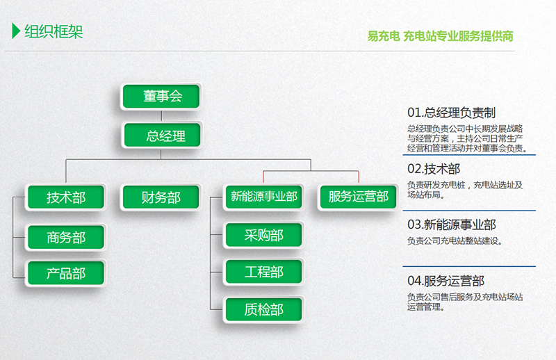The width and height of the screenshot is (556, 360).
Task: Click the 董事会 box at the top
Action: [161, 96]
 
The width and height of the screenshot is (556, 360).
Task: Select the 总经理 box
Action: [162, 135]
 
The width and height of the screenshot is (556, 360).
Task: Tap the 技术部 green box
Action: [66, 197]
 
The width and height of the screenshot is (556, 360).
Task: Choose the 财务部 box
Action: [161, 197]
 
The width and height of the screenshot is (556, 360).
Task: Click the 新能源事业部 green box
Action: [264, 197]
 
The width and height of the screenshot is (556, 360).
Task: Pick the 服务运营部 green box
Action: [358, 197]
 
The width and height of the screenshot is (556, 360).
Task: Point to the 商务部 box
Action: [66, 237]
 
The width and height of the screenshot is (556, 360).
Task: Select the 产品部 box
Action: [66, 273]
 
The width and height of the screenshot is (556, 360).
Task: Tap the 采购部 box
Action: [264, 235]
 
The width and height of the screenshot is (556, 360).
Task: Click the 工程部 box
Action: [264, 272]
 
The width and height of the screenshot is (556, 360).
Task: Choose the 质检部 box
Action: [264, 310]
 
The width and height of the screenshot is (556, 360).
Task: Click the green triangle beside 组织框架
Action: [15, 31]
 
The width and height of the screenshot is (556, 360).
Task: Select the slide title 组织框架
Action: [54, 31]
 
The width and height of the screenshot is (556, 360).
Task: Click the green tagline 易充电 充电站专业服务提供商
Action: [440, 36]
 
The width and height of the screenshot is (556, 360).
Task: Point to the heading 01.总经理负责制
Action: [451, 113]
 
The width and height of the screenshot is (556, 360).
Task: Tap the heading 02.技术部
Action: [434, 169]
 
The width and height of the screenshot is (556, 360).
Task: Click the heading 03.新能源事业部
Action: [451, 224]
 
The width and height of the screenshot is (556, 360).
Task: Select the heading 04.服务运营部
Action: [445, 281]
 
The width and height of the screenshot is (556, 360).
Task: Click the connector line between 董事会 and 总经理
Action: [161, 116]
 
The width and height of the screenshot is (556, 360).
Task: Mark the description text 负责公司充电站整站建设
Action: [455, 241]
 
